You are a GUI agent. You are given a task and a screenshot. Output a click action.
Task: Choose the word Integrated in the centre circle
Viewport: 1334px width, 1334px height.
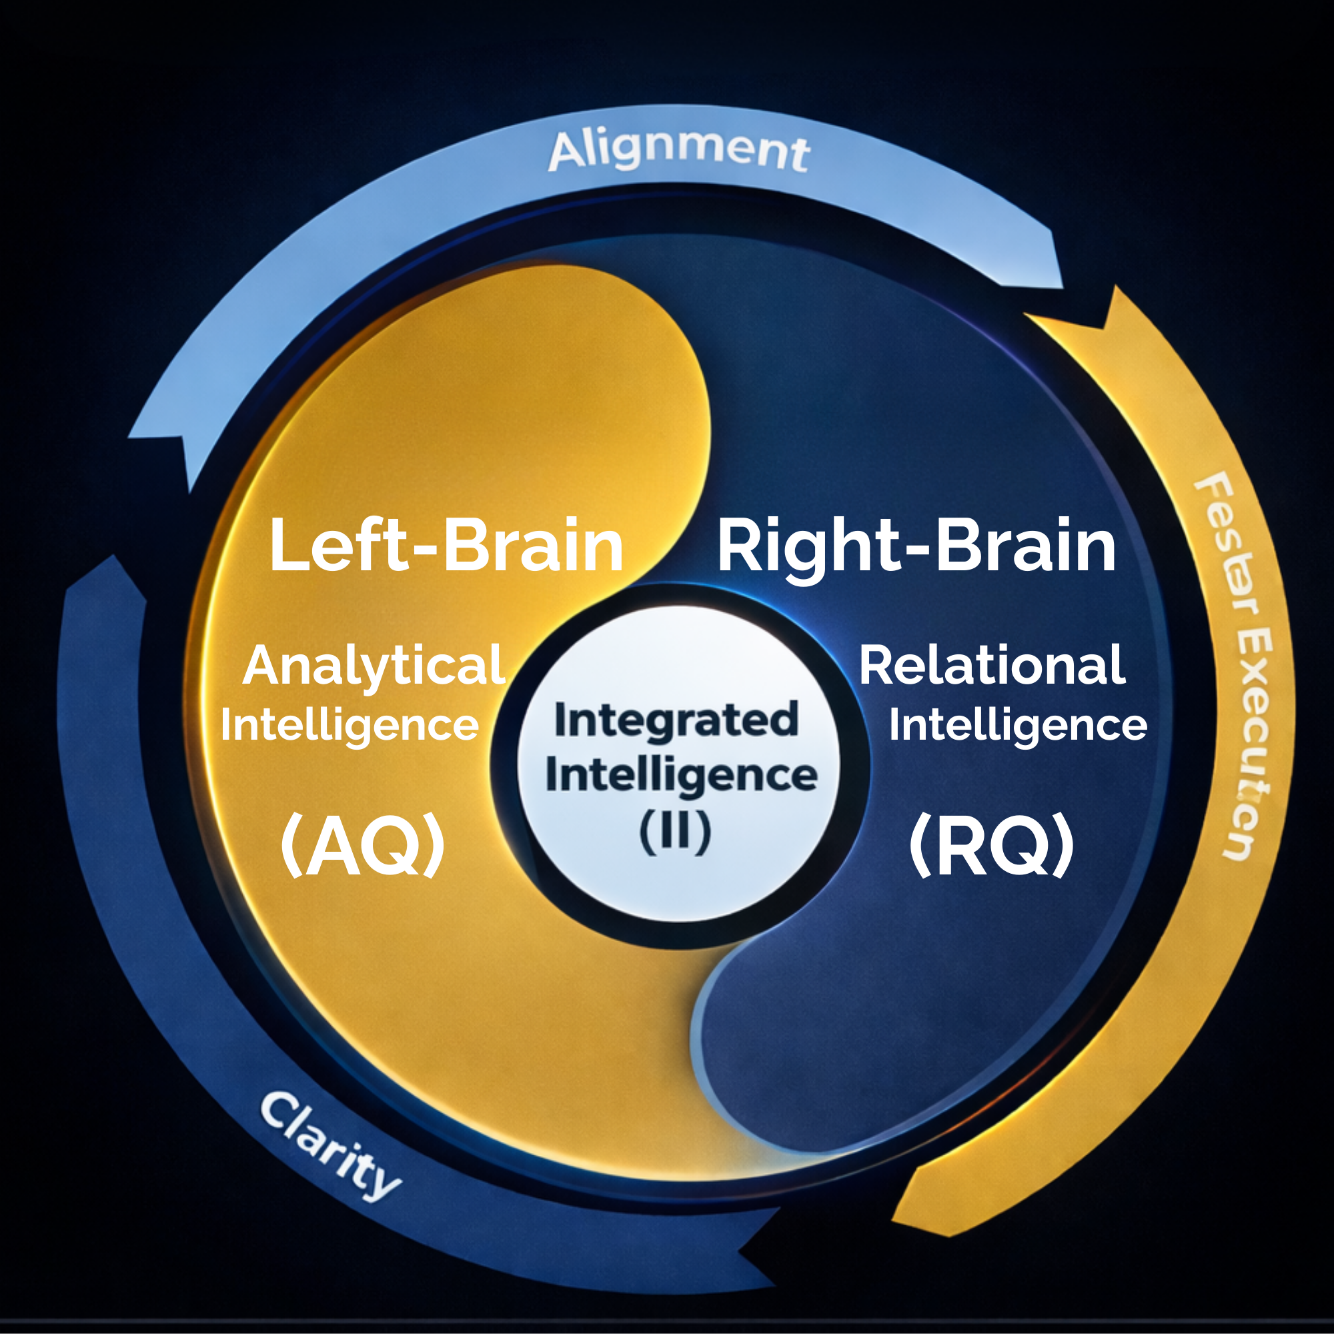[676, 720]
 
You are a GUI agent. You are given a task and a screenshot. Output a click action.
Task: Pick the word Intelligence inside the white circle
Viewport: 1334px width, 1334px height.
[681, 774]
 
